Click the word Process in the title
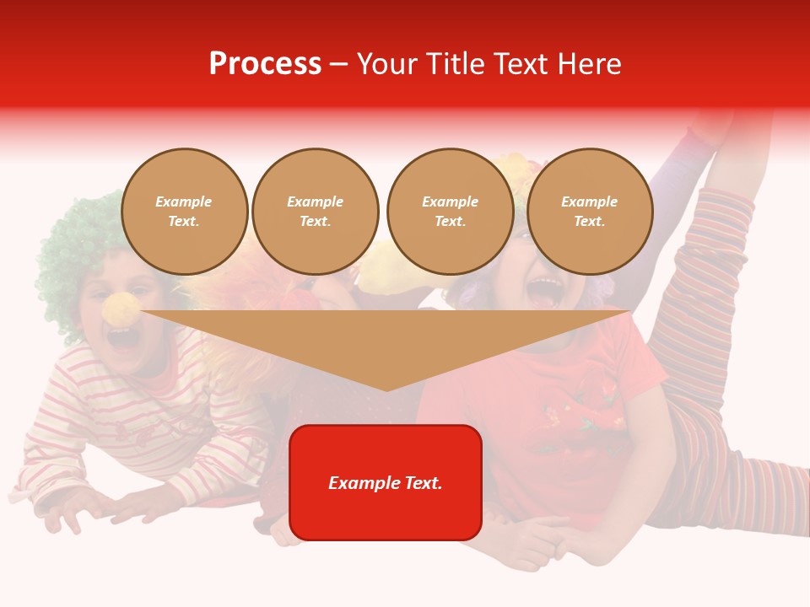click(265, 64)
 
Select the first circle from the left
click(184, 212)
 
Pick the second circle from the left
click(315, 212)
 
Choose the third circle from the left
click(450, 212)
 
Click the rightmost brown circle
click(589, 212)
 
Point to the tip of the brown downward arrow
click(386, 389)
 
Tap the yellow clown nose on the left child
click(121, 309)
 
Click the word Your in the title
click(389, 64)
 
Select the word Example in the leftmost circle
click(183, 201)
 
